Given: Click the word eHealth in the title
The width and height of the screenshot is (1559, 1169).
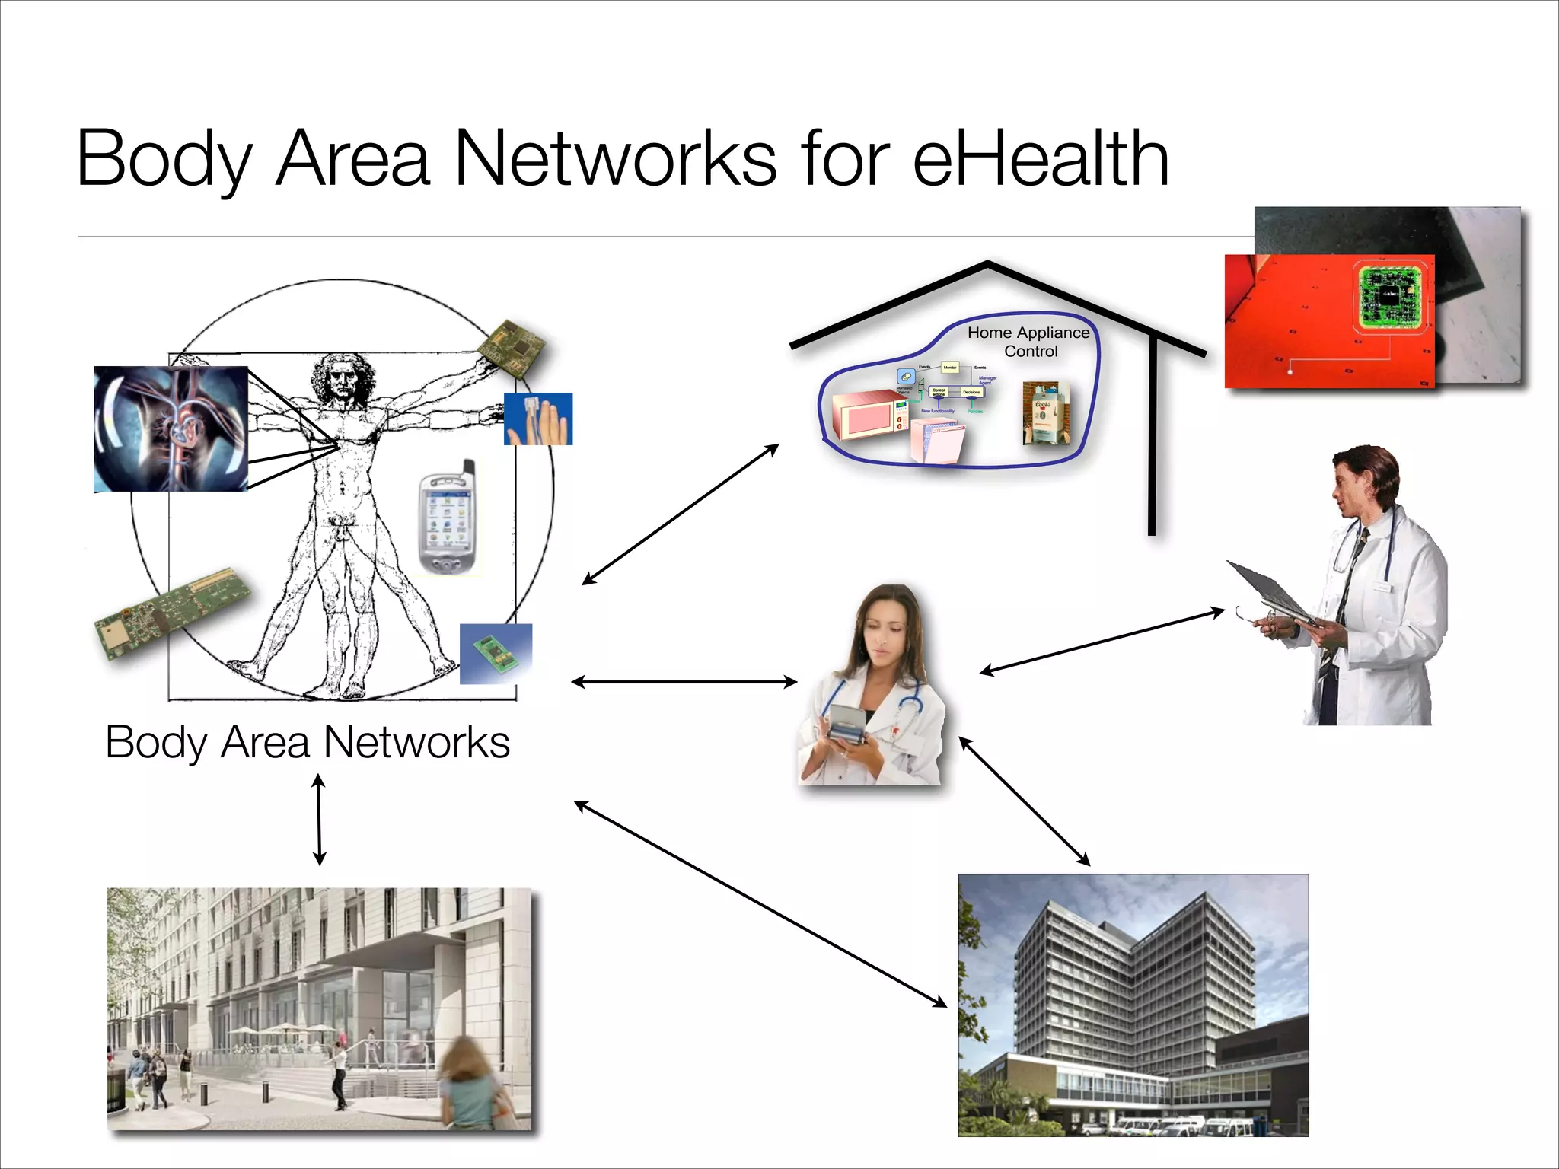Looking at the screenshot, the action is click(1040, 158).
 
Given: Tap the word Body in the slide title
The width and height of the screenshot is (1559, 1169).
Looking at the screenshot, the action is click(164, 158).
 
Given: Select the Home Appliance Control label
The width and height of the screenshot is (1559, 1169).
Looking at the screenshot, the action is click(1029, 342).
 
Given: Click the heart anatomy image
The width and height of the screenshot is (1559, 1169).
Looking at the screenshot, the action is click(171, 428).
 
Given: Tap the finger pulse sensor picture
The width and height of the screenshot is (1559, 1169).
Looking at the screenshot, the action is click(538, 419).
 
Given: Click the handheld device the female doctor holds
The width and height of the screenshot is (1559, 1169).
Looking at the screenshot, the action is click(846, 723).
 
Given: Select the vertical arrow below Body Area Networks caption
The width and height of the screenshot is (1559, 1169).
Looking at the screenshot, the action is click(319, 820).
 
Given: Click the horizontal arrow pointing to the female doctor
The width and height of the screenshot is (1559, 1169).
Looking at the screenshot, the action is click(684, 682).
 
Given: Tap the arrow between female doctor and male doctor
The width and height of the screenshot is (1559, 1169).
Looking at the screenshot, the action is click(1102, 641).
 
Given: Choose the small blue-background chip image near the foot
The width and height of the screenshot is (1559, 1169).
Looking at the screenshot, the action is click(496, 654).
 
